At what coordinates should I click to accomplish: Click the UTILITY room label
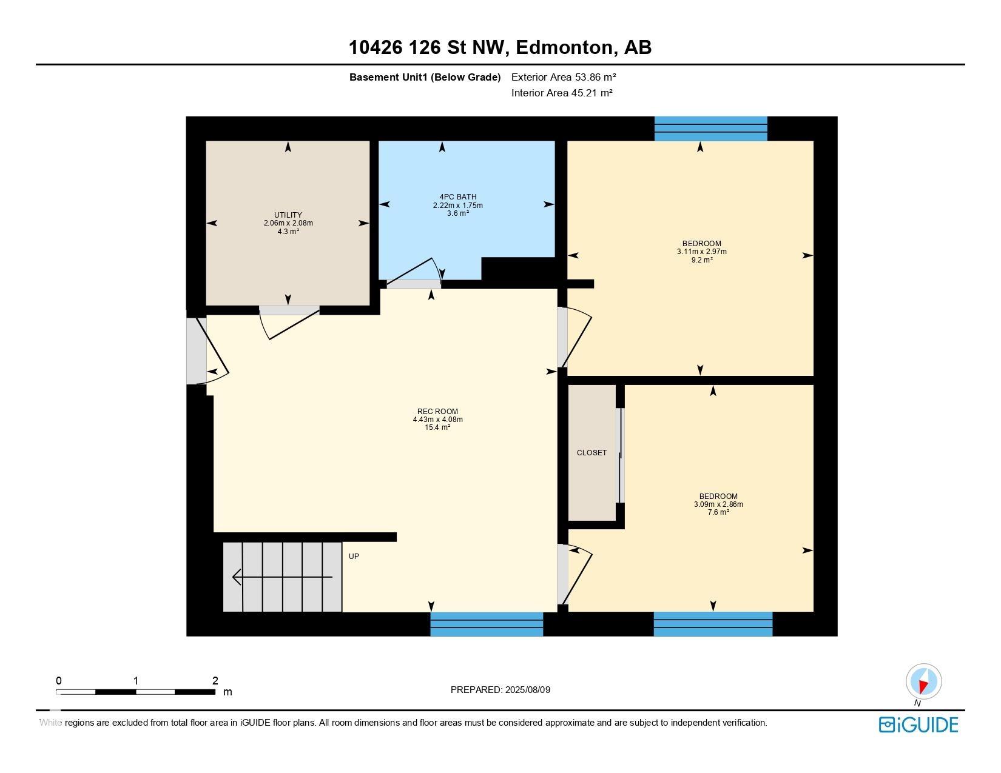[288, 215]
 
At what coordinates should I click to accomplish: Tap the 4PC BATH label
[458, 196]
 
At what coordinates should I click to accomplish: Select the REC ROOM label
[437, 412]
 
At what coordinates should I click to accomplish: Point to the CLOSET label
[592, 452]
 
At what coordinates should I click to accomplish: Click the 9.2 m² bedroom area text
[702, 259]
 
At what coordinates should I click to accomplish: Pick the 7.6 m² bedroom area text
[719, 512]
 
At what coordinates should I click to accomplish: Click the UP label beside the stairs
[354, 556]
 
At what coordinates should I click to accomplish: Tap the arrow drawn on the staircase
[282, 577]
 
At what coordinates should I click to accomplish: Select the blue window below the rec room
[487, 624]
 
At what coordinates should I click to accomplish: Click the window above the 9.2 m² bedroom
[711, 129]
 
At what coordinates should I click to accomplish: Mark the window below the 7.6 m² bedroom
[713, 624]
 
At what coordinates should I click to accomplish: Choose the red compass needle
[923, 686]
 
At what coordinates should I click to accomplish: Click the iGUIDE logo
[918, 724]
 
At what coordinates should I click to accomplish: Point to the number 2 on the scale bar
[215, 680]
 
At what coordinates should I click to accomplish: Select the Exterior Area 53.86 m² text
[564, 77]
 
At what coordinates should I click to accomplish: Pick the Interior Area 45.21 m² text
[562, 93]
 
